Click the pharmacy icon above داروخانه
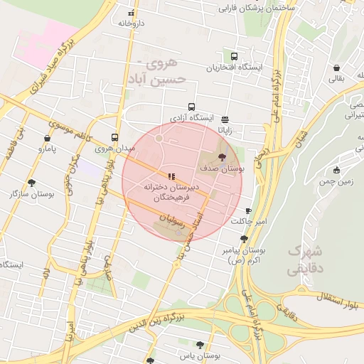(130, 14)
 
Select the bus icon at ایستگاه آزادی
(190, 107)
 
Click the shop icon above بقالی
(336, 68)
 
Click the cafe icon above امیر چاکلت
(248, 211)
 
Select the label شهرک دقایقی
(305, 260)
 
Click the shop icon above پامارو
(47, 139)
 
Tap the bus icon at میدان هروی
(114, 138)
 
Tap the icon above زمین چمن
(336, 170)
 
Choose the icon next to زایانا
(225, 120)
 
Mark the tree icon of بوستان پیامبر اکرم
(244, 240)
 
